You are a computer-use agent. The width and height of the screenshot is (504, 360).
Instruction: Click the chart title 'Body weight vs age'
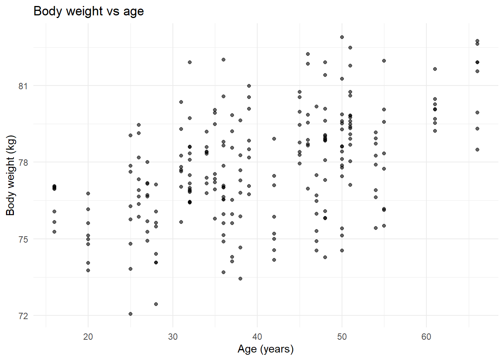tap(88, 11)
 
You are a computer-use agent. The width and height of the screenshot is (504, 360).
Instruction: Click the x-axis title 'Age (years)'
tap(265, 349)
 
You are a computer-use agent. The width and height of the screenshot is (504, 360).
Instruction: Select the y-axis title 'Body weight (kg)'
tap(10, 175)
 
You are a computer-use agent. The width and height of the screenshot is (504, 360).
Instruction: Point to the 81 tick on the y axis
tap(23, 86)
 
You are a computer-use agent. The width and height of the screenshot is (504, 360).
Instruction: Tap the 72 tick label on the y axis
tap(23, 316)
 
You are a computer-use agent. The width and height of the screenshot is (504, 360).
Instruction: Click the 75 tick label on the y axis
tap(23, 239)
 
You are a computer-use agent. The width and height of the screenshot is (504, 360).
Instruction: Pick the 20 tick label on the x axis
tap(88, 337)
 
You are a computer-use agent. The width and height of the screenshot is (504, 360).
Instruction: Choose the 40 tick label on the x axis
tap(257, 337)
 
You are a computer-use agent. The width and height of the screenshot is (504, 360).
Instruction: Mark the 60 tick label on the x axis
tap(426, 337)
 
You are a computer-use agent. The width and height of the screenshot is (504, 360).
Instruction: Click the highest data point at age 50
tap(342, 37)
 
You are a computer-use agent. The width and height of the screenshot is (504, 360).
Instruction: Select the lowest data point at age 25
tap(130, 314)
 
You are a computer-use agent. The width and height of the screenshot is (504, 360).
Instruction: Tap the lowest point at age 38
tap(240, 279)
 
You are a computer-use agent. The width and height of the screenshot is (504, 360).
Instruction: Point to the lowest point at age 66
tap(477, 150)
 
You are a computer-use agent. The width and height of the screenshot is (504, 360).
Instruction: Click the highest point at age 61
tap(435, 69)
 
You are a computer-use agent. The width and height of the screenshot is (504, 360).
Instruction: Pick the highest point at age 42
tap(274, 139)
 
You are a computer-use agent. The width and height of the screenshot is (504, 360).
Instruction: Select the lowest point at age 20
tap(88, 270)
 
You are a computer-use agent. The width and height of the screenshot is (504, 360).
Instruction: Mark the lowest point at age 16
tap(54, 232)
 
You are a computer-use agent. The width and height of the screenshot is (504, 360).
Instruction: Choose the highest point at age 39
tap(249, 86)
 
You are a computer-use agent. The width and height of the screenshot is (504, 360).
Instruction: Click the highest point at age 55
tap(384, 61)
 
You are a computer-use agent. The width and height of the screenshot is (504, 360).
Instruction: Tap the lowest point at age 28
tap(156, 304)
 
